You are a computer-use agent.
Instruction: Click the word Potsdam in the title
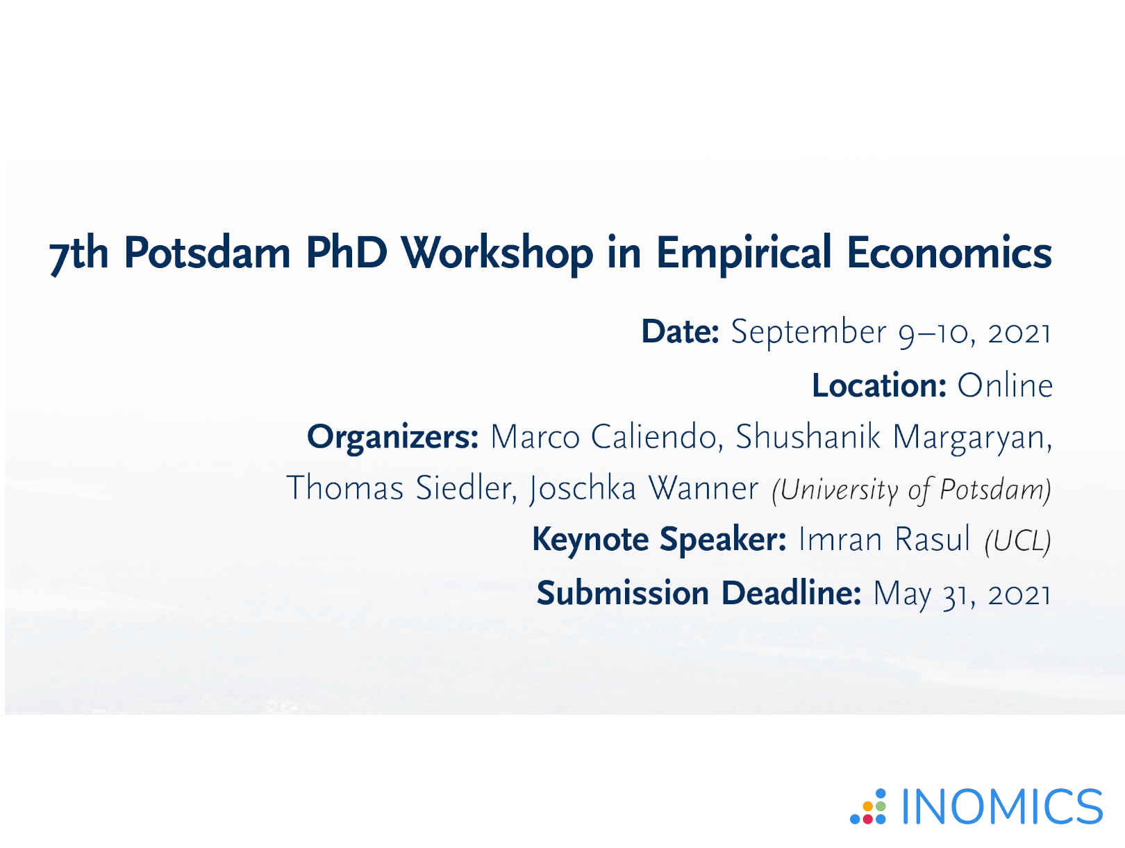207,253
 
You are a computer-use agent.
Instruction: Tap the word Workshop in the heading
497,255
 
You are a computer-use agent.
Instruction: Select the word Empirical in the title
744,255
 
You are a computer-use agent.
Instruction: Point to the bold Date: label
680,331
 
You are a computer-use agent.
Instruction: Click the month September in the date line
808,333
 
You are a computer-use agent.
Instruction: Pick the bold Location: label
878,385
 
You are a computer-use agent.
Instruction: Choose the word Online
1005,385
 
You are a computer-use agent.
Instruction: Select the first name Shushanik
808,437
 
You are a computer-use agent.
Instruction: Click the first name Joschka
582,490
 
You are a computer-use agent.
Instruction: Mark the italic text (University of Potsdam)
911,490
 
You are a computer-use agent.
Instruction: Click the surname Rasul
932,539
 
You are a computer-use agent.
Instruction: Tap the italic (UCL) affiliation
1017,541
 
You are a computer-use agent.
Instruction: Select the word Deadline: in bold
791,593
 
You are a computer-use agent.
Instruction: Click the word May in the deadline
902,595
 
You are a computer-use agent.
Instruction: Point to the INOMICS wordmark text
1002,806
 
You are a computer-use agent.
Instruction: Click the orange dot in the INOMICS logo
868,806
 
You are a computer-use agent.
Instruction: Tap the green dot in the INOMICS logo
881,806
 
